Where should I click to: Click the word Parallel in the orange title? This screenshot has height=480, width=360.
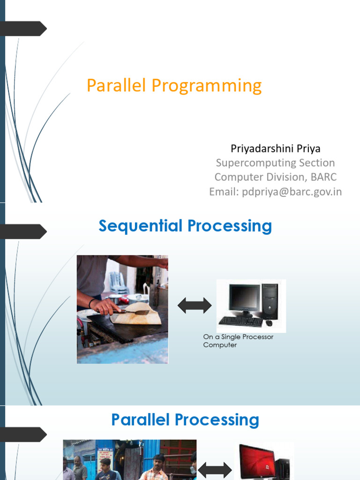tap(116, 85)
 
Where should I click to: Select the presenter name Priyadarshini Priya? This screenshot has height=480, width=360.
tap(276, 149)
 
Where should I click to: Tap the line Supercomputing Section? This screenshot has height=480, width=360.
tap(275, 163)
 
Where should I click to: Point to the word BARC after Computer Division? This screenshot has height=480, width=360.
tap(323, 177)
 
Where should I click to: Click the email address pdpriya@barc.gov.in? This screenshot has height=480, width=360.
tap(292, 192)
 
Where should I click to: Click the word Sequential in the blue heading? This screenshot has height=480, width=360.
tap(141, 226)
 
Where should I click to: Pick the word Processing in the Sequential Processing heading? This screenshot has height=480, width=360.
tap(230, 226)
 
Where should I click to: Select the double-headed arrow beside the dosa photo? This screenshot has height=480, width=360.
tap(195, 306)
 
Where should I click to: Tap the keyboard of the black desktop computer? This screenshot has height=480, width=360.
tap(240, 321)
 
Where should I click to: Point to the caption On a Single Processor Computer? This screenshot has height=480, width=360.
tap(238, 341)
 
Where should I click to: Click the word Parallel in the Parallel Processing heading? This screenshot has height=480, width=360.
tap(140, 420)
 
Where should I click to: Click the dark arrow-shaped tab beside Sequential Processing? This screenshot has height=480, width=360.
tap(23, 232)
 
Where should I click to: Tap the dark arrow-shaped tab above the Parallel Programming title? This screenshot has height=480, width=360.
tap(23, 29)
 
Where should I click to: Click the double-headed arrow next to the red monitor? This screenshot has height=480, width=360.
tap(215, 470)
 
